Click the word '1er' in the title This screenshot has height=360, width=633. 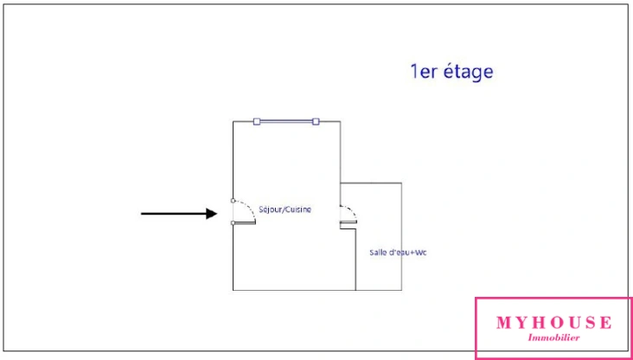pyautogui.click(x=424, y=72)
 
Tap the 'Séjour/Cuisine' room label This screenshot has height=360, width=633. pyautogui.click(x=285, y=209)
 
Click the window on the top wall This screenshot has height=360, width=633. pyautogui.click(x=286, y=121)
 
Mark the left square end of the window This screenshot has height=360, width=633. pyautogui.click(x=257, y=121)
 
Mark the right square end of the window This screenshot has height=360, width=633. pyautogui.click(x=316, y=121)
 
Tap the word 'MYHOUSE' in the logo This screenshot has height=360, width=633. pyautogui.click(x=553, y=323)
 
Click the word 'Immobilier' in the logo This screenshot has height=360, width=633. pyautogui.click(x=553, y=337)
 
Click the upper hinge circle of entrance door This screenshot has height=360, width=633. pyautogui.click(x=233, y=201)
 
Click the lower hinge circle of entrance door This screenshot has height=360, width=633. pyautogui.click(x=233, y=223)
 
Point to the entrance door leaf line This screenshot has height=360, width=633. pyautogui.click(x=245, y=223)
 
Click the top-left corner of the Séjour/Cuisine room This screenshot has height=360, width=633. pyautogui.click(x=233, y=121)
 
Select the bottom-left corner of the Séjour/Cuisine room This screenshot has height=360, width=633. pyautogui.click(x=233, y=290)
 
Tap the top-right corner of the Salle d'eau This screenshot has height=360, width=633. pyautogui.click(x=402, y=183)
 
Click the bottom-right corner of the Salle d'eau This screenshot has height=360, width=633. pyautogui.click(x=402, y=290)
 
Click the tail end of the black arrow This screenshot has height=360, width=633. pyautogui.click(x=143, y=213)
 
